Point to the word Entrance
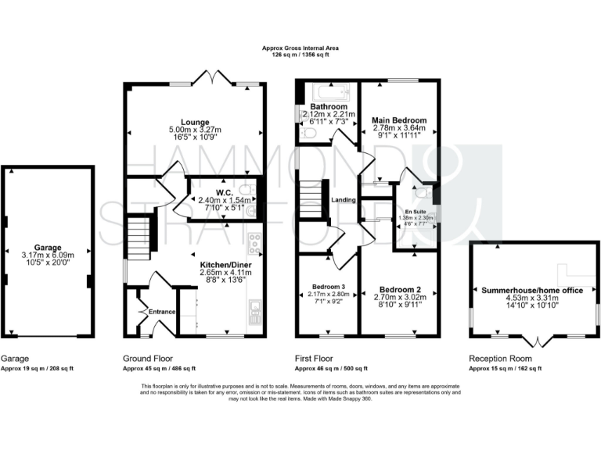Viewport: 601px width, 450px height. coord(162,312)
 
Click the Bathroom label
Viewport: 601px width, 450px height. coord(323,106)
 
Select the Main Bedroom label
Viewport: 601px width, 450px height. coord(398,120)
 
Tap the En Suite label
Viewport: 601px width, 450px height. coord(417,211)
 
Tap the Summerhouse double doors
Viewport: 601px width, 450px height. coord(535,341)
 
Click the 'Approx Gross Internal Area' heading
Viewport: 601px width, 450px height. coord(300,49)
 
